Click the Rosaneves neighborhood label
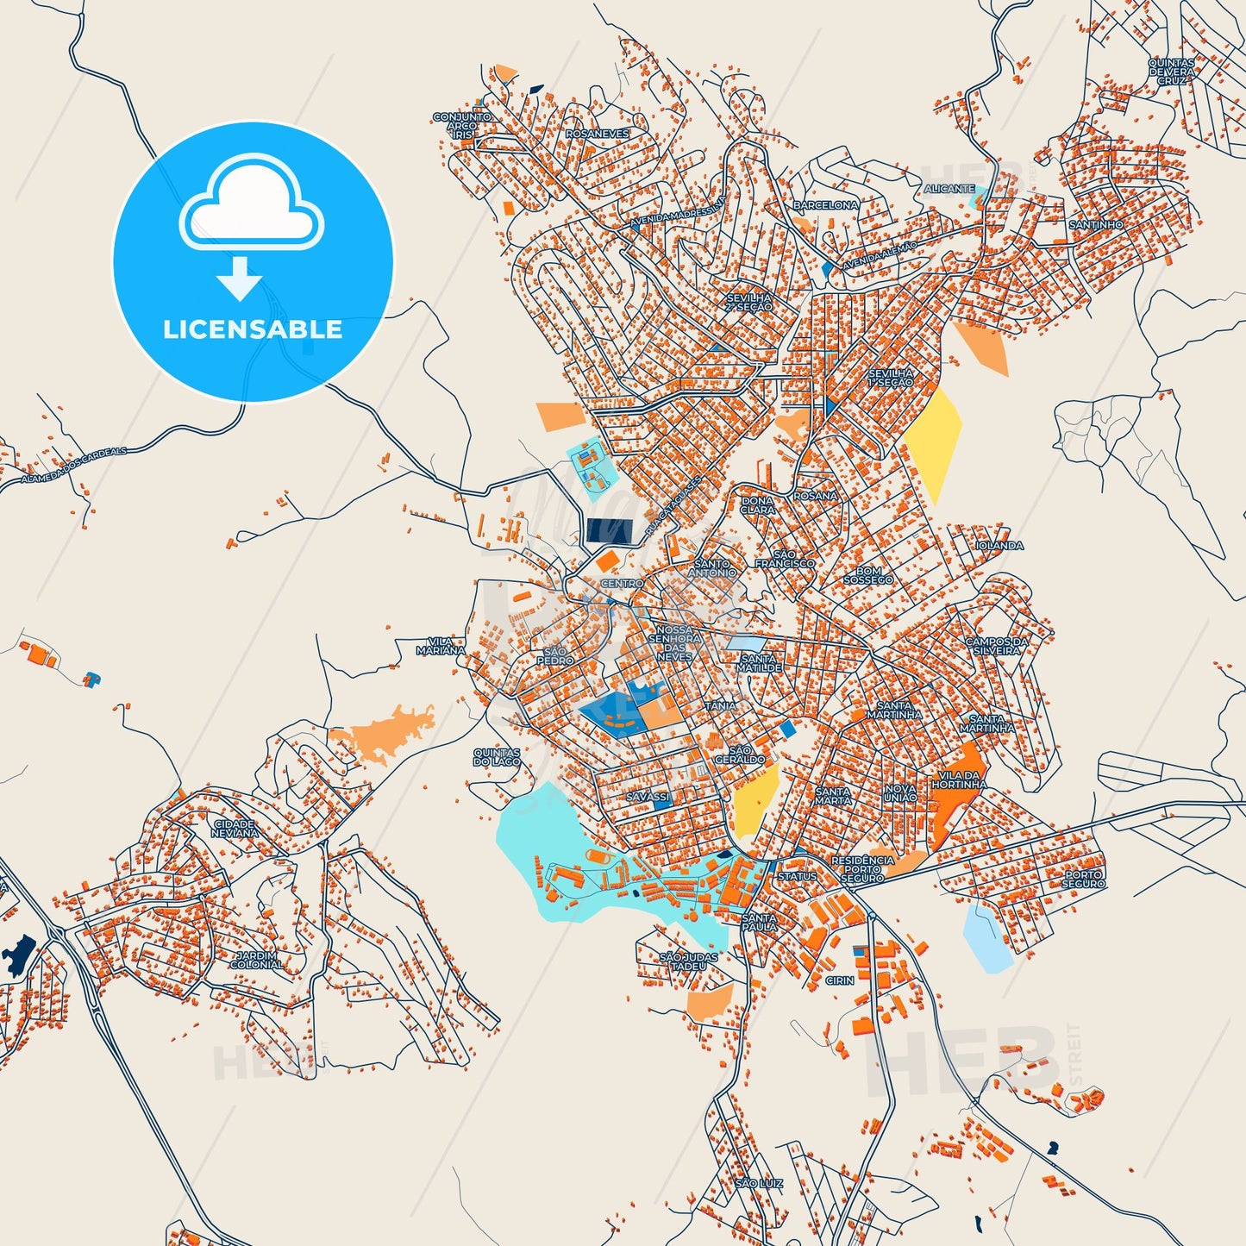pos(598,134)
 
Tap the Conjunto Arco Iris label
pos(462,126)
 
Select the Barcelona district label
pos(825,205)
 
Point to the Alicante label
pos(949,188)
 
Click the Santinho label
pos(1096,224)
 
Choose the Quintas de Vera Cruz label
pos(1171,72)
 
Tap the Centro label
pos(622,584)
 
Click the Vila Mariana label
pos(441,646)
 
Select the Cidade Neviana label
pos(235,829)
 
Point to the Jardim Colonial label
pos(256,960)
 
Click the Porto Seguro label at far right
pos(1083,879)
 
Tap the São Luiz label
pos(759,1184)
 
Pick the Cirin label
pos(839,980)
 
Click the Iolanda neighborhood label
pos(999,546)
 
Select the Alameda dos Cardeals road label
pos(74,465)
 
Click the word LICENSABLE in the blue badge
pos(253,329)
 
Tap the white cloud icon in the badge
pos(251,203)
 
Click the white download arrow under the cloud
pos(239,278)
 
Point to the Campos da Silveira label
pos(996,646)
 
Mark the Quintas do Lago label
pos(497,757)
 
